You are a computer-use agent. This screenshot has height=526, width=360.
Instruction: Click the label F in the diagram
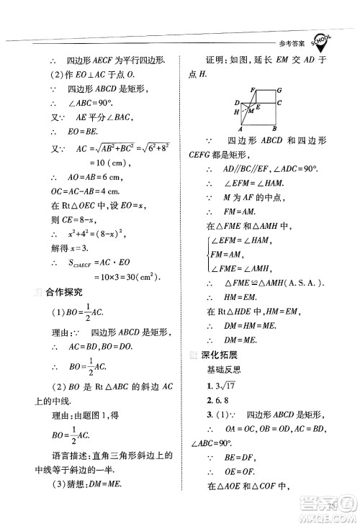click(x=252, y=89)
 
